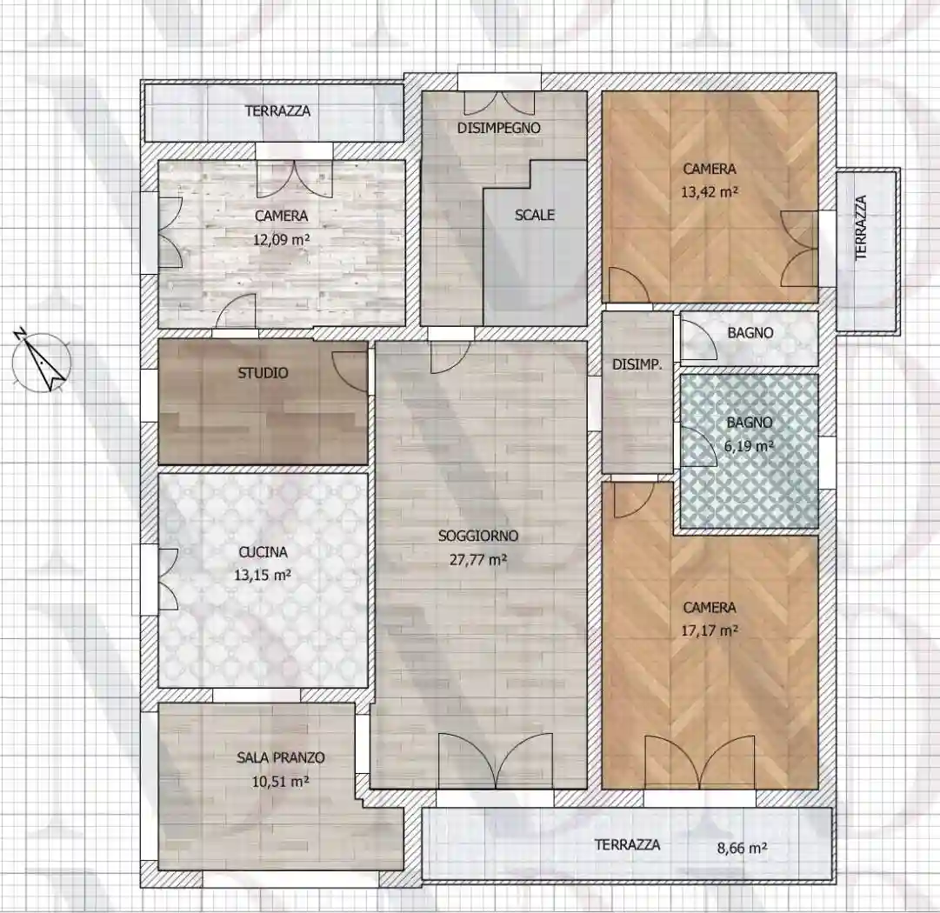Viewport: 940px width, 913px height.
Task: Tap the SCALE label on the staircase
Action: pos(534,215)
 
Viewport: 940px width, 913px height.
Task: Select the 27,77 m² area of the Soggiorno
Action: pos(473,561)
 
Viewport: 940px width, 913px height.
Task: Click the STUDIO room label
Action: pos(263,374)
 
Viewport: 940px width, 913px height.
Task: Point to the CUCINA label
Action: pos(263,551)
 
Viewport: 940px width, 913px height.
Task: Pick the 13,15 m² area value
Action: pos(263,575)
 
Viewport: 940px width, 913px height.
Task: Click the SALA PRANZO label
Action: pos(280,758)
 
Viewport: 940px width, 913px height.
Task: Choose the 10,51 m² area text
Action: pos(280,782)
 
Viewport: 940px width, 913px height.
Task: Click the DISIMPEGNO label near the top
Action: pos(498,128)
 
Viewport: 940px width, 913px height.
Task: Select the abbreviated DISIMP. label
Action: pos(637,366)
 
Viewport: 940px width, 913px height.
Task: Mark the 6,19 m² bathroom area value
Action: pos(750,446)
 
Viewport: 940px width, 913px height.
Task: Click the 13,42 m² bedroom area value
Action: pos(709,193)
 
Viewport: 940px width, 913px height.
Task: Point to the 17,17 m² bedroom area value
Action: pos(709,631)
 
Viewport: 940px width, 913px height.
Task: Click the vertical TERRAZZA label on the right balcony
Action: pos(862,227)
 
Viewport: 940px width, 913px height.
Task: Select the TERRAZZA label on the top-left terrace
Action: pos(277,111)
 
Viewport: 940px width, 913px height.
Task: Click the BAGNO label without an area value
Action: pos(750,333)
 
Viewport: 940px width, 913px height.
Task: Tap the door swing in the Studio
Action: pos(352,360)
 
